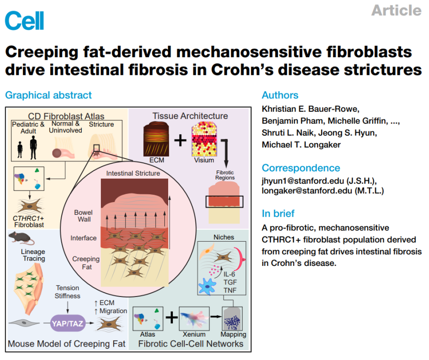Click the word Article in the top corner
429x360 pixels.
click(396, 10)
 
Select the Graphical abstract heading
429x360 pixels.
click(48, 95)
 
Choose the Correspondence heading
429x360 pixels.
click(300, 168)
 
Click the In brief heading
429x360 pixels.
click(278, 213)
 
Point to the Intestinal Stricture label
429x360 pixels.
click(133, 173)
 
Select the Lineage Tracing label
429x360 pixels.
click(34, 254)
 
